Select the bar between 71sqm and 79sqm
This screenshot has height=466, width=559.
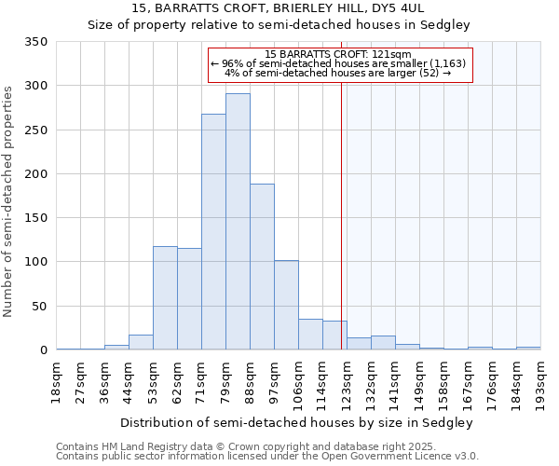click(213, 232)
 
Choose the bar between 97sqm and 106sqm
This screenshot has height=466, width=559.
click(286, 305)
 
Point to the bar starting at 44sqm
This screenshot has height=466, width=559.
click(141, 342)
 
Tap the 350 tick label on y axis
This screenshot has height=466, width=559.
click(35, 42)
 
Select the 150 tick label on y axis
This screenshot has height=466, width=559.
click(35, 218)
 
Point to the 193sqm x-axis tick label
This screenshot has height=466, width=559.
click(540, 380)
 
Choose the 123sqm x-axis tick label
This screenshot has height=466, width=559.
click(347, 380)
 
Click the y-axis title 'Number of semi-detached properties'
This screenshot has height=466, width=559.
click(8, 200)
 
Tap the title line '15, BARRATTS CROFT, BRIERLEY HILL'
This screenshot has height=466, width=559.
click(279, 7)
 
